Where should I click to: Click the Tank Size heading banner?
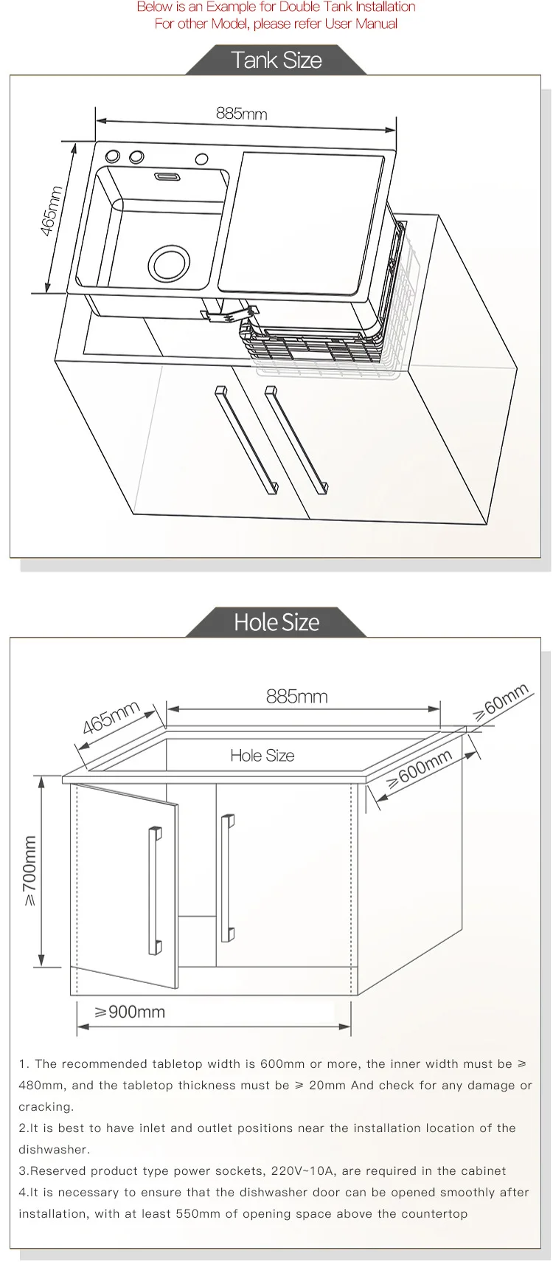276,60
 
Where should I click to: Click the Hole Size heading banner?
276,622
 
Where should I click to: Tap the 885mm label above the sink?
242,114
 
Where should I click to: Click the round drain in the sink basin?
169,263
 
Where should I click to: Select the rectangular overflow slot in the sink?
168,177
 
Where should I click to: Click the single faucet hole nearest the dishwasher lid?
201,159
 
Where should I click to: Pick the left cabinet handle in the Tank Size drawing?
246,440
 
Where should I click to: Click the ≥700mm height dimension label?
29,870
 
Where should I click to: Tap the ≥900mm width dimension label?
130,1011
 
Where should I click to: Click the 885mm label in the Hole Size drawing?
296,697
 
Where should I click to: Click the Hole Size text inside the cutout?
262,755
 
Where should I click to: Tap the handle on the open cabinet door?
155,891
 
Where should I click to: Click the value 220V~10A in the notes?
303,1170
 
